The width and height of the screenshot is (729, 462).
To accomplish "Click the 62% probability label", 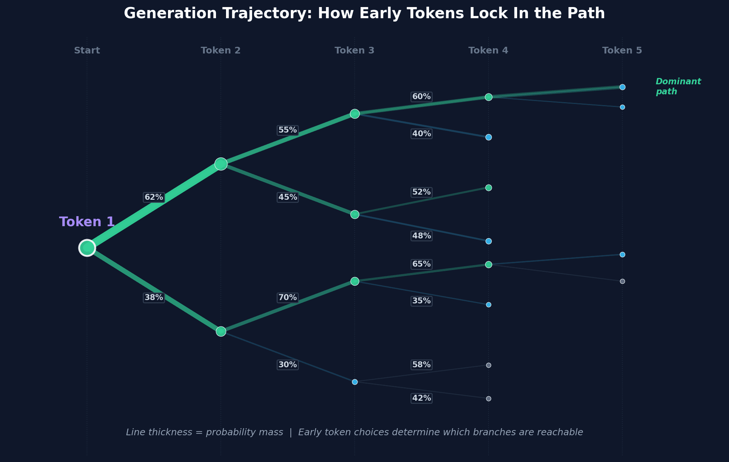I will [x=154, y=197].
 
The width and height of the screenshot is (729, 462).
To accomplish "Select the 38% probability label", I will [x=154, y=297].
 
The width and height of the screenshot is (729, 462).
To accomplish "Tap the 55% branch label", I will [x=287, y=130].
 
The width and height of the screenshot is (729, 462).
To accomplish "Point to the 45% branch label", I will [x=287, y=197].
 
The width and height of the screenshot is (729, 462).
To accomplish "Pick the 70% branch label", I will [x=287, y=297].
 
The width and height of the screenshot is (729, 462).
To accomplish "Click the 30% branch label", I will [x=287, y=365].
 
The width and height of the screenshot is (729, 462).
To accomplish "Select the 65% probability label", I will [x=421, y=264].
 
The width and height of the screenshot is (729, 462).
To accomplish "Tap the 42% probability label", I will [x=421, y=398].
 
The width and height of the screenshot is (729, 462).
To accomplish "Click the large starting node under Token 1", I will [x=87, y=248].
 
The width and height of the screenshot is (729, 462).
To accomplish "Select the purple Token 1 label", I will [x=87, y=222].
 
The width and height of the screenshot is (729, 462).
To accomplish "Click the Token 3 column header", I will [x=354, y=51].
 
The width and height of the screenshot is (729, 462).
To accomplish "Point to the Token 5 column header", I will [x=622, y=51].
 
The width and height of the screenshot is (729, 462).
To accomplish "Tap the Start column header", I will [x=87, y=51].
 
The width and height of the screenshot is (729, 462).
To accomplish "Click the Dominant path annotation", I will [x=678, y=87].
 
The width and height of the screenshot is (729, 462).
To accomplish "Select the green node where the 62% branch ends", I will [x=221, y=164].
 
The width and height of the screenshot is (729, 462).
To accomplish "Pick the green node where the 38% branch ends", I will [x=221, y=331].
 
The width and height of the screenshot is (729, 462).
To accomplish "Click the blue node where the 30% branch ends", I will [x=355, y=382].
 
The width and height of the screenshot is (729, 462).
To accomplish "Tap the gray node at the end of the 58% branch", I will [x=488, y=365].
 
